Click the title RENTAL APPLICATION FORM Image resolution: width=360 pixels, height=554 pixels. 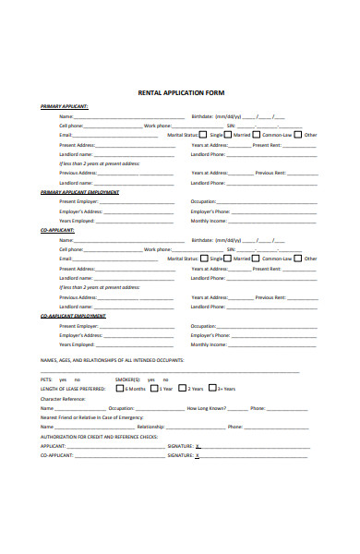point(180,93)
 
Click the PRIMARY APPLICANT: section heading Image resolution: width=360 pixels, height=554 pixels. point(64,106)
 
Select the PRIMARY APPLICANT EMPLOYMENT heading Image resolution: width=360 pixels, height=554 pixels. point(79,191)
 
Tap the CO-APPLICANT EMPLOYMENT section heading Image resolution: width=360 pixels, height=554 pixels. point(73,316)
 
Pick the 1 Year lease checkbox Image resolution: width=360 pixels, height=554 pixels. point(154,389)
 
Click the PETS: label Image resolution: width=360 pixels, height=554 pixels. point(46,379)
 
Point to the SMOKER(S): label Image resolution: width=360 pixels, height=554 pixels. point(127,379)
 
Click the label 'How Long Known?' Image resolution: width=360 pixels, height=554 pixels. point(206,407)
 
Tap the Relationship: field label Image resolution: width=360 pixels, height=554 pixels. point(150,427)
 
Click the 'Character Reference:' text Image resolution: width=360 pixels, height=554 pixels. point(61,399)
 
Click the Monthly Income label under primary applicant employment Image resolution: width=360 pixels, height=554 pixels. point(209,221)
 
